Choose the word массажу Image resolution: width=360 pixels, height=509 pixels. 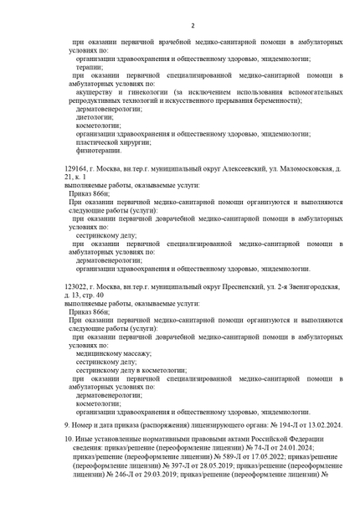pyautogui.click(x=131, y=353)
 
